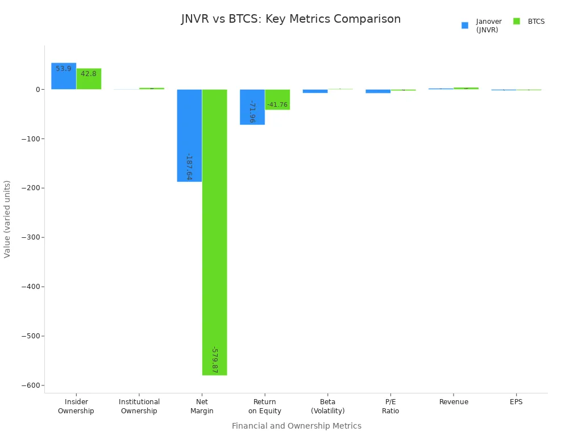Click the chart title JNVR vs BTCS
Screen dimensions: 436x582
point(291,19)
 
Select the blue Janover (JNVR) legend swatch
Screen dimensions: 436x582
point(465,26)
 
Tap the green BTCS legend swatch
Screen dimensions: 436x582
point(517,22)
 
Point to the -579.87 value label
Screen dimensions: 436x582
point(214,360)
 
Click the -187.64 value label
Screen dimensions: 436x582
point(189,167)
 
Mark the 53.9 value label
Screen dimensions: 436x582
point(64,69)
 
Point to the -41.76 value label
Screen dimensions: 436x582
point(277,105)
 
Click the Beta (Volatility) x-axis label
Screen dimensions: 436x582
point(328,406)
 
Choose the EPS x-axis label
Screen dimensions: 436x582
point(516,402)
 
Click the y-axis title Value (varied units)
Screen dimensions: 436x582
point(7,219)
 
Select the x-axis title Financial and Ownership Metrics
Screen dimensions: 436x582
point(296,426)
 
